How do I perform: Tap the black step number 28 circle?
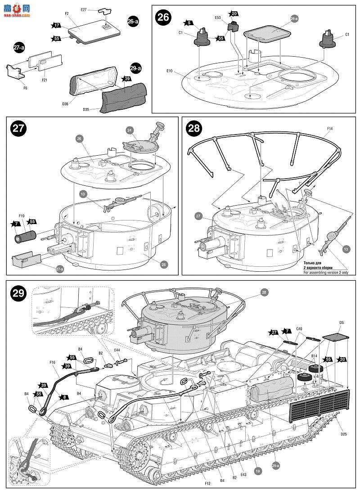tap(194, 128)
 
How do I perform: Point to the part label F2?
tap(67, 14)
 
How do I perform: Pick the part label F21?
tap(45, 80)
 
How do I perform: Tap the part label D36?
tap(65, 103)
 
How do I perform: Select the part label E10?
tap(170, 71)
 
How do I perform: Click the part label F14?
tap(330, 129)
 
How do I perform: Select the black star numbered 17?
tap(57, 26)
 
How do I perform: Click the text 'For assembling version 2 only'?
tap(326, 272)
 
